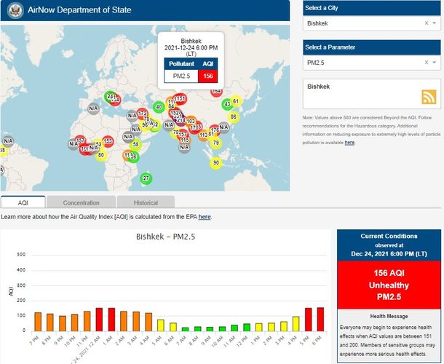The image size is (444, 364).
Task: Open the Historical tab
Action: pyautogui.click(x=136, y=202)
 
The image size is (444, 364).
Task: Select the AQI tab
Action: pyautogui.click(x=23, y=202)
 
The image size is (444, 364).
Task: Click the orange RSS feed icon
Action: pyautogui.click(x=428, y=98)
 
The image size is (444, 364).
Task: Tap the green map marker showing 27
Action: pyautogui.click(x=146, y=178)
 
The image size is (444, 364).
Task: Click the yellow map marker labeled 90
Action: pyautogui.click(x=215, y=162)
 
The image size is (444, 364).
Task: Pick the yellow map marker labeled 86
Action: pyautogui.click(x=233, y=116)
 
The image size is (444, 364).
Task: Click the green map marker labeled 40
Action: pyautogui.click(x=159, y=107)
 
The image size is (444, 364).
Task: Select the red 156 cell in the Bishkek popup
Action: pyautogui.click(x=207, y=76)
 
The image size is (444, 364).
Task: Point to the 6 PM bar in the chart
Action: pyautogui.click(x=320, y=319)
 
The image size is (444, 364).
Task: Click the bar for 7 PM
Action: pyautogui.click(x=38, y=321)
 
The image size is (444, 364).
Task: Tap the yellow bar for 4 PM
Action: pyautogui.click(x=296, y=323)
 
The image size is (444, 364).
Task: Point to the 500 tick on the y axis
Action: pyautogui.click(x=22, y=255)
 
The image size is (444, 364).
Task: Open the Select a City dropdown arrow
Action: pyautogui.click(x=435, y=23)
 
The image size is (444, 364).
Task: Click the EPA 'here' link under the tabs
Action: pyautogui.click(x=205, y=217)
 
